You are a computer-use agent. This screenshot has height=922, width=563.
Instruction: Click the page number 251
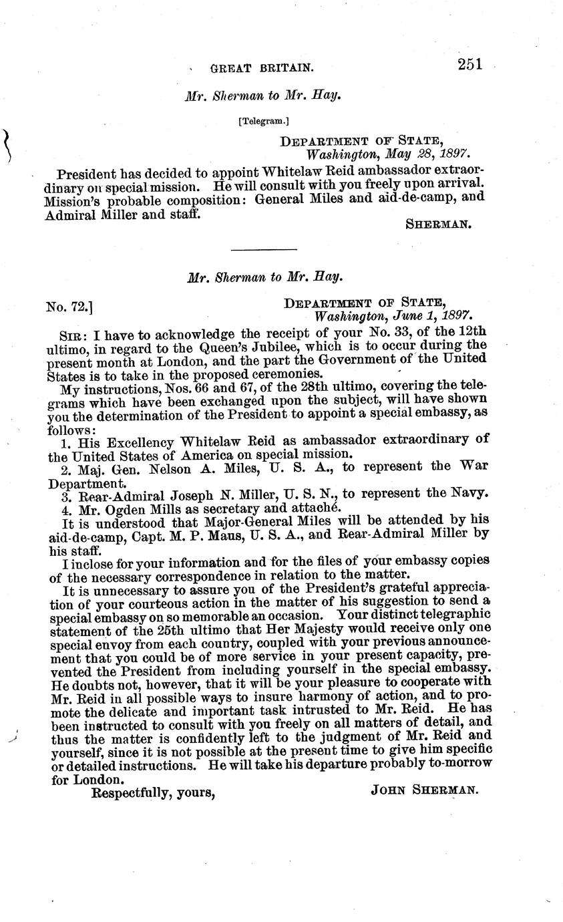(470, 64)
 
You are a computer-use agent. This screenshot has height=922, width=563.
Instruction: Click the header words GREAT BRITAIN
(261, 67)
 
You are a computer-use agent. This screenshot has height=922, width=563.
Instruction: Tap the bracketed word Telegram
(263, 122)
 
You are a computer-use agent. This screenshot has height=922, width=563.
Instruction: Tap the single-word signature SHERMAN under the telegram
(439, 224)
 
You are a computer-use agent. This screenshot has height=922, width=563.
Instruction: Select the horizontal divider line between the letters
(263, 249)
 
